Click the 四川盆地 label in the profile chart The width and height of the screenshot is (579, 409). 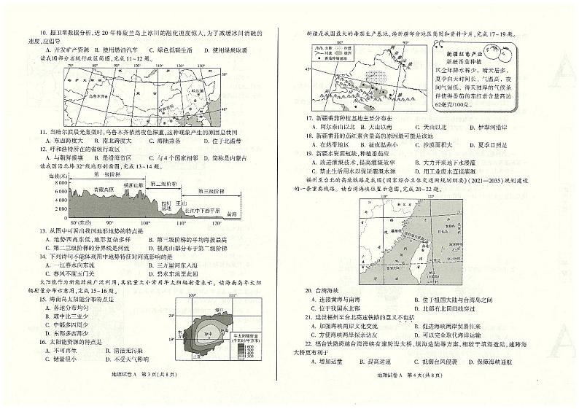click(x=166, y=206)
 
